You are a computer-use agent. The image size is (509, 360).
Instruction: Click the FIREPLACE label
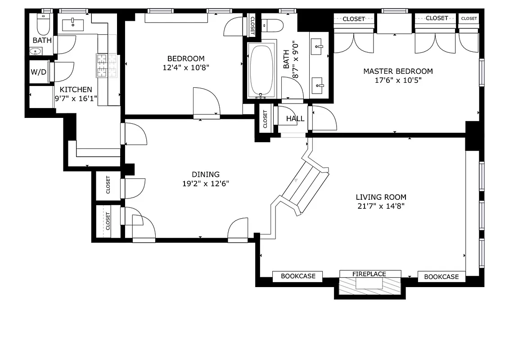click(x=369, y=274)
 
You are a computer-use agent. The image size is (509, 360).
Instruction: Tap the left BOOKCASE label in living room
click(x=297, y=276)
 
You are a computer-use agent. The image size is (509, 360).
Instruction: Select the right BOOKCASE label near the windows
click(x=441, y=277)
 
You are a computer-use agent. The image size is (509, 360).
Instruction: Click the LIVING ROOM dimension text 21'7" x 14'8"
click(x=381, y=207)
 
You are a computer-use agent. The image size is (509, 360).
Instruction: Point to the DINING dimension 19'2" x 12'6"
click(x=206, y=184)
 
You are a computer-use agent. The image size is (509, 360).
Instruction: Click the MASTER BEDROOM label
click(x=398, y=71)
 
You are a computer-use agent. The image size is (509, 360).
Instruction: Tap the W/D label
click(x=39, y=72)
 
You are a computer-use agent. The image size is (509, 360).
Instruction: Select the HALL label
click(x=295, y=119)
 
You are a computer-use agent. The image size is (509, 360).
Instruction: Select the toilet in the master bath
click(x=272, y=25)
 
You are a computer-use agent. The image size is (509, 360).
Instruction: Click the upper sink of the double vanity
click(x=319, y=45)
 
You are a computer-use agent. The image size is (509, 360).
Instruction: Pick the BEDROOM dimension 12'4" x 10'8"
click(x=186, y=67)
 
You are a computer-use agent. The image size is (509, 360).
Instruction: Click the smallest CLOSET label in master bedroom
click(x=469, y=18)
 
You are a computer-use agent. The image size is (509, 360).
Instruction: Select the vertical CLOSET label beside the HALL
click(x=265, y=119)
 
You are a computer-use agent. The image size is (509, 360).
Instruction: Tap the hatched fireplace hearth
click(x=369, y=284)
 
